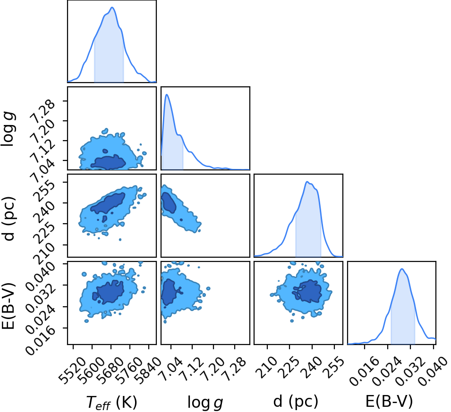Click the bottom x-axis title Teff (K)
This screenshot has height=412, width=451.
111,402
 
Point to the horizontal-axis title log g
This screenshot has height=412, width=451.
205,403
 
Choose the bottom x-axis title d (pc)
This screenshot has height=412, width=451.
296,401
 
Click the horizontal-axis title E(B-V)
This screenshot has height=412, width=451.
389,401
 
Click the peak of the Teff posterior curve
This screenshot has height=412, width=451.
112,8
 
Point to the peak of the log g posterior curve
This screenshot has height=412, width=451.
167,94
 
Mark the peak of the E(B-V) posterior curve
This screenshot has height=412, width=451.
402,269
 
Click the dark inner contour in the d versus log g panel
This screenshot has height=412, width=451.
169,202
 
